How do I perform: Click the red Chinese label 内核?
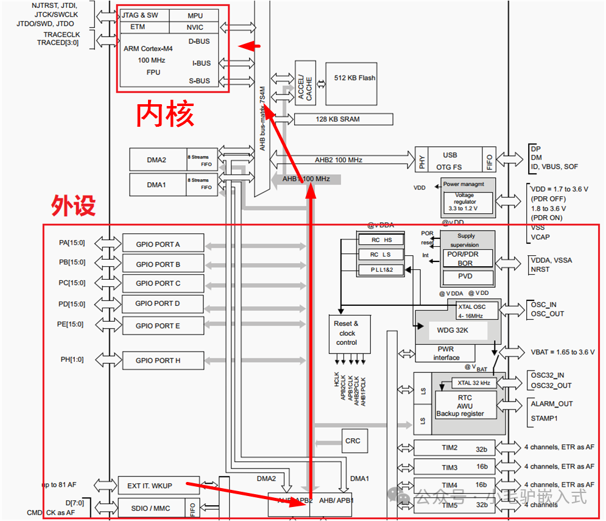165,114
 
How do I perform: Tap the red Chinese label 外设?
73,206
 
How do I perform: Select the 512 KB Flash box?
354,79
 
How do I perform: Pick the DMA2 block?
157,160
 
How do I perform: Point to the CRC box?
353,441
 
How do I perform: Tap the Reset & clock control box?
347,333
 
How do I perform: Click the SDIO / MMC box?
151,508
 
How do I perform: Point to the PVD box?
466,276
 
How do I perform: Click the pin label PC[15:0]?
72,283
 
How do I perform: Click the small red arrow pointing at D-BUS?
250,46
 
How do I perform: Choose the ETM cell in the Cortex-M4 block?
138,27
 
